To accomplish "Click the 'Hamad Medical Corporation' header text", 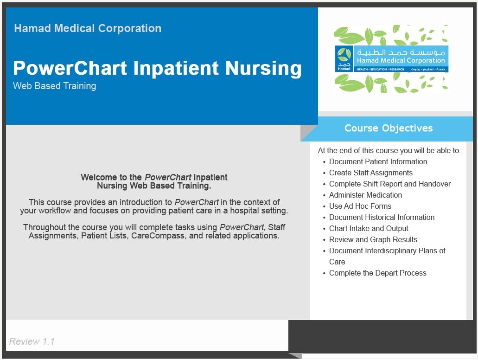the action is [88, 28].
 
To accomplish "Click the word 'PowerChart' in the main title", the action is [70, 68].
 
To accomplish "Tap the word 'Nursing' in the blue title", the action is [263, 68].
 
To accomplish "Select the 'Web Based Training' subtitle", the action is [55, 86].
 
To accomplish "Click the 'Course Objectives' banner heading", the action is [389, 128].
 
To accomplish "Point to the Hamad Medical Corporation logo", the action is [391, 59].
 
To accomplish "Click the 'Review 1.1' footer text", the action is [32, 341].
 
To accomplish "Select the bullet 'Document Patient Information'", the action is [378, 162].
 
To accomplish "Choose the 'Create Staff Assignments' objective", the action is [371, 173].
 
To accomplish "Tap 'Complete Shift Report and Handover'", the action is [390, 184].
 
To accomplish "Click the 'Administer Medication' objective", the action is [365, 195].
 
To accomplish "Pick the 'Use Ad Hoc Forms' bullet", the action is [360, 206].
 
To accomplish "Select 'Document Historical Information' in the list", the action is [382, 217].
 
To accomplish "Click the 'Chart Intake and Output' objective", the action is [369, 229].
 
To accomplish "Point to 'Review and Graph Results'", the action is [373, 239].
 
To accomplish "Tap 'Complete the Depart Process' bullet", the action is [378, 273].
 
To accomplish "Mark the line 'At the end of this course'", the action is [389, 150].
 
